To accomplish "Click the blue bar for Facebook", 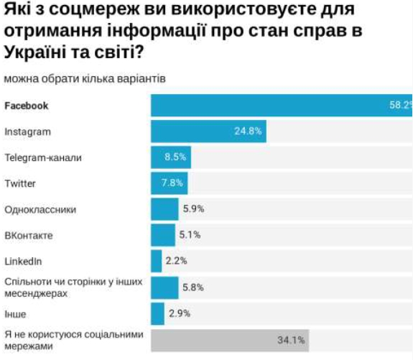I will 280,106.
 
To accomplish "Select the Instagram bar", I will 208,131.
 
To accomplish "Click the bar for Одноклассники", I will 164,209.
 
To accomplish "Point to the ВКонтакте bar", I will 163,235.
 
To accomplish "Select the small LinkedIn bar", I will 156,261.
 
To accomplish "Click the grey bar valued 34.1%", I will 229,340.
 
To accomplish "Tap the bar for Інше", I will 158,313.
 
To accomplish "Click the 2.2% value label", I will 176,261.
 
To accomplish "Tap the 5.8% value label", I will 193,287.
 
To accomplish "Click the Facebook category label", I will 27,106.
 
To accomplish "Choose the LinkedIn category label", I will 23,261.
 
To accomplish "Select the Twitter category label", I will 20,183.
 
